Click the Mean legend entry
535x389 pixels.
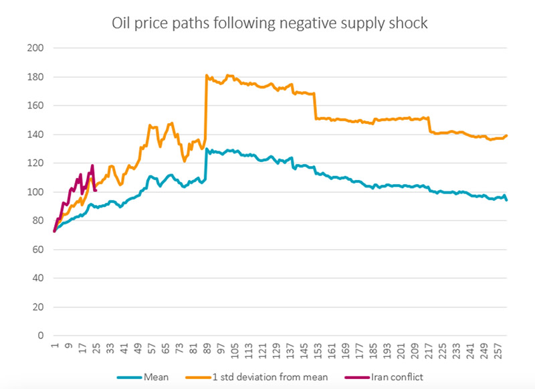pos(156,376)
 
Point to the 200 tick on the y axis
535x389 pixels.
pos(35,48)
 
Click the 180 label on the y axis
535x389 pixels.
pos(35,77)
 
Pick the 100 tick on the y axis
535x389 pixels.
pos(35,192)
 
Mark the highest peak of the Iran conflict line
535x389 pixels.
pos(92,165)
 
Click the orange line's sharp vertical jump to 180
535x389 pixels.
pos(206,100)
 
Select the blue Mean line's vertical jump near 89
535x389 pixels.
pos(206,164)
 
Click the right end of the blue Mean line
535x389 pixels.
pos(506,200)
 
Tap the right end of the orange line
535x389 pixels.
pos(507,135)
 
